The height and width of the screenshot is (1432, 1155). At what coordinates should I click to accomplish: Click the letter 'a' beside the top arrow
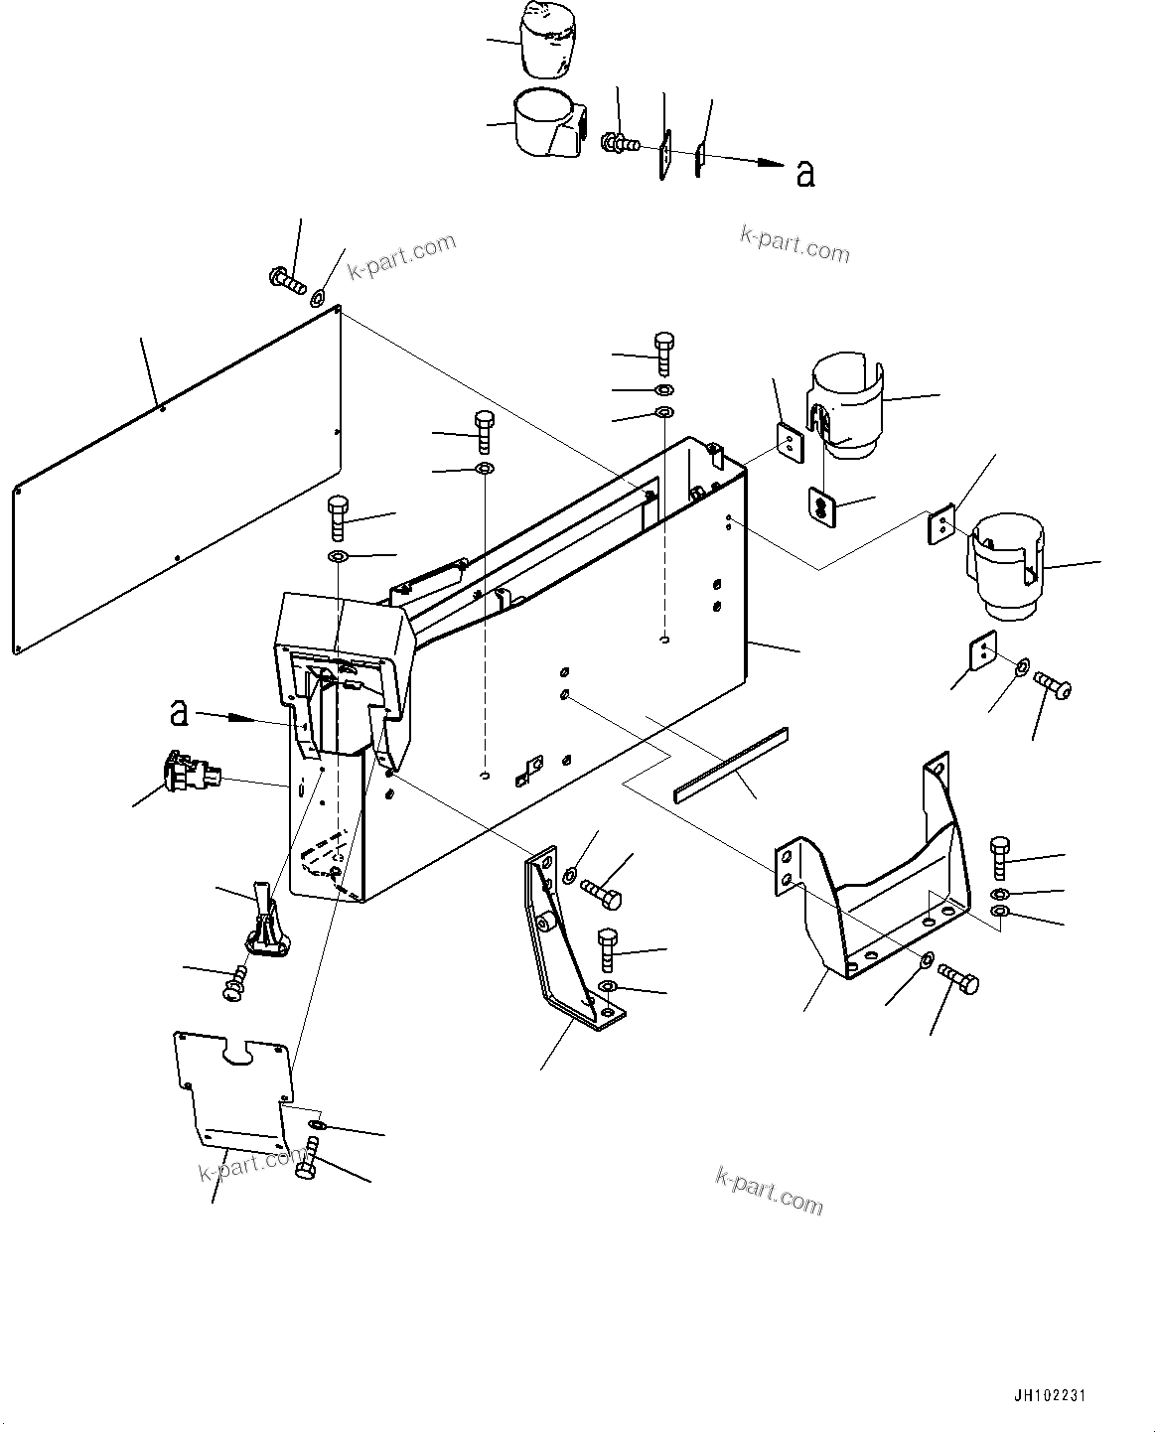805,173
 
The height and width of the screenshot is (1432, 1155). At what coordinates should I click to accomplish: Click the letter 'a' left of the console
179,712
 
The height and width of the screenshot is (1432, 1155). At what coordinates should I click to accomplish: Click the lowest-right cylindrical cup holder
1004,566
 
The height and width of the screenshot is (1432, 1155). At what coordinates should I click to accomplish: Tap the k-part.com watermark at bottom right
769,1189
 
